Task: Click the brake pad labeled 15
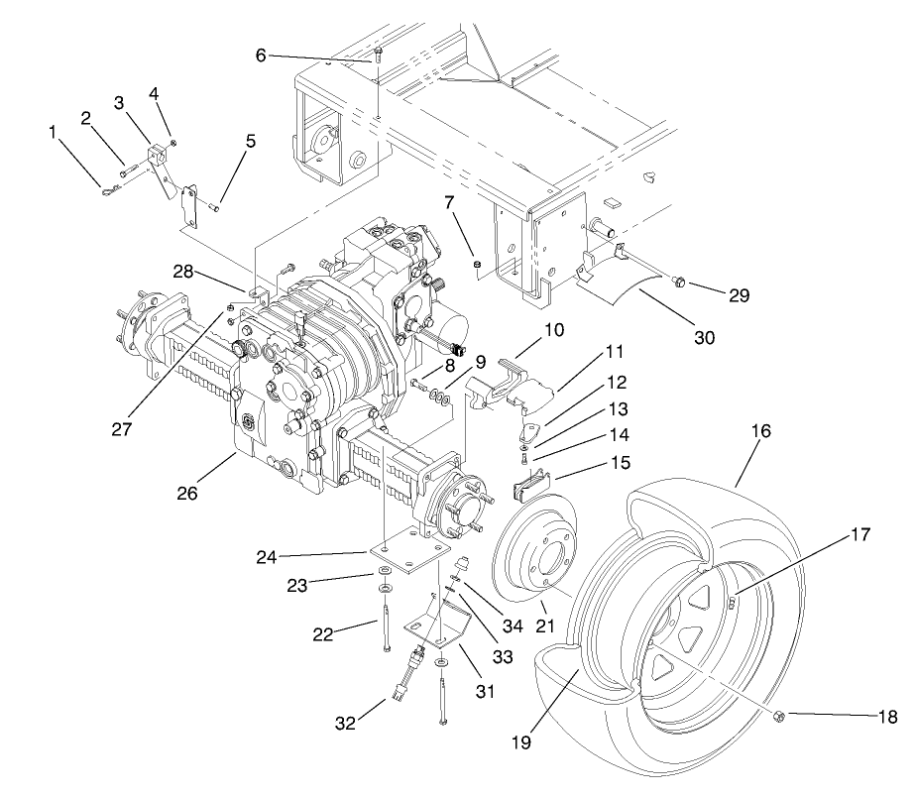click(532, 485)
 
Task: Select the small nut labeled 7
click(477, 265)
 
